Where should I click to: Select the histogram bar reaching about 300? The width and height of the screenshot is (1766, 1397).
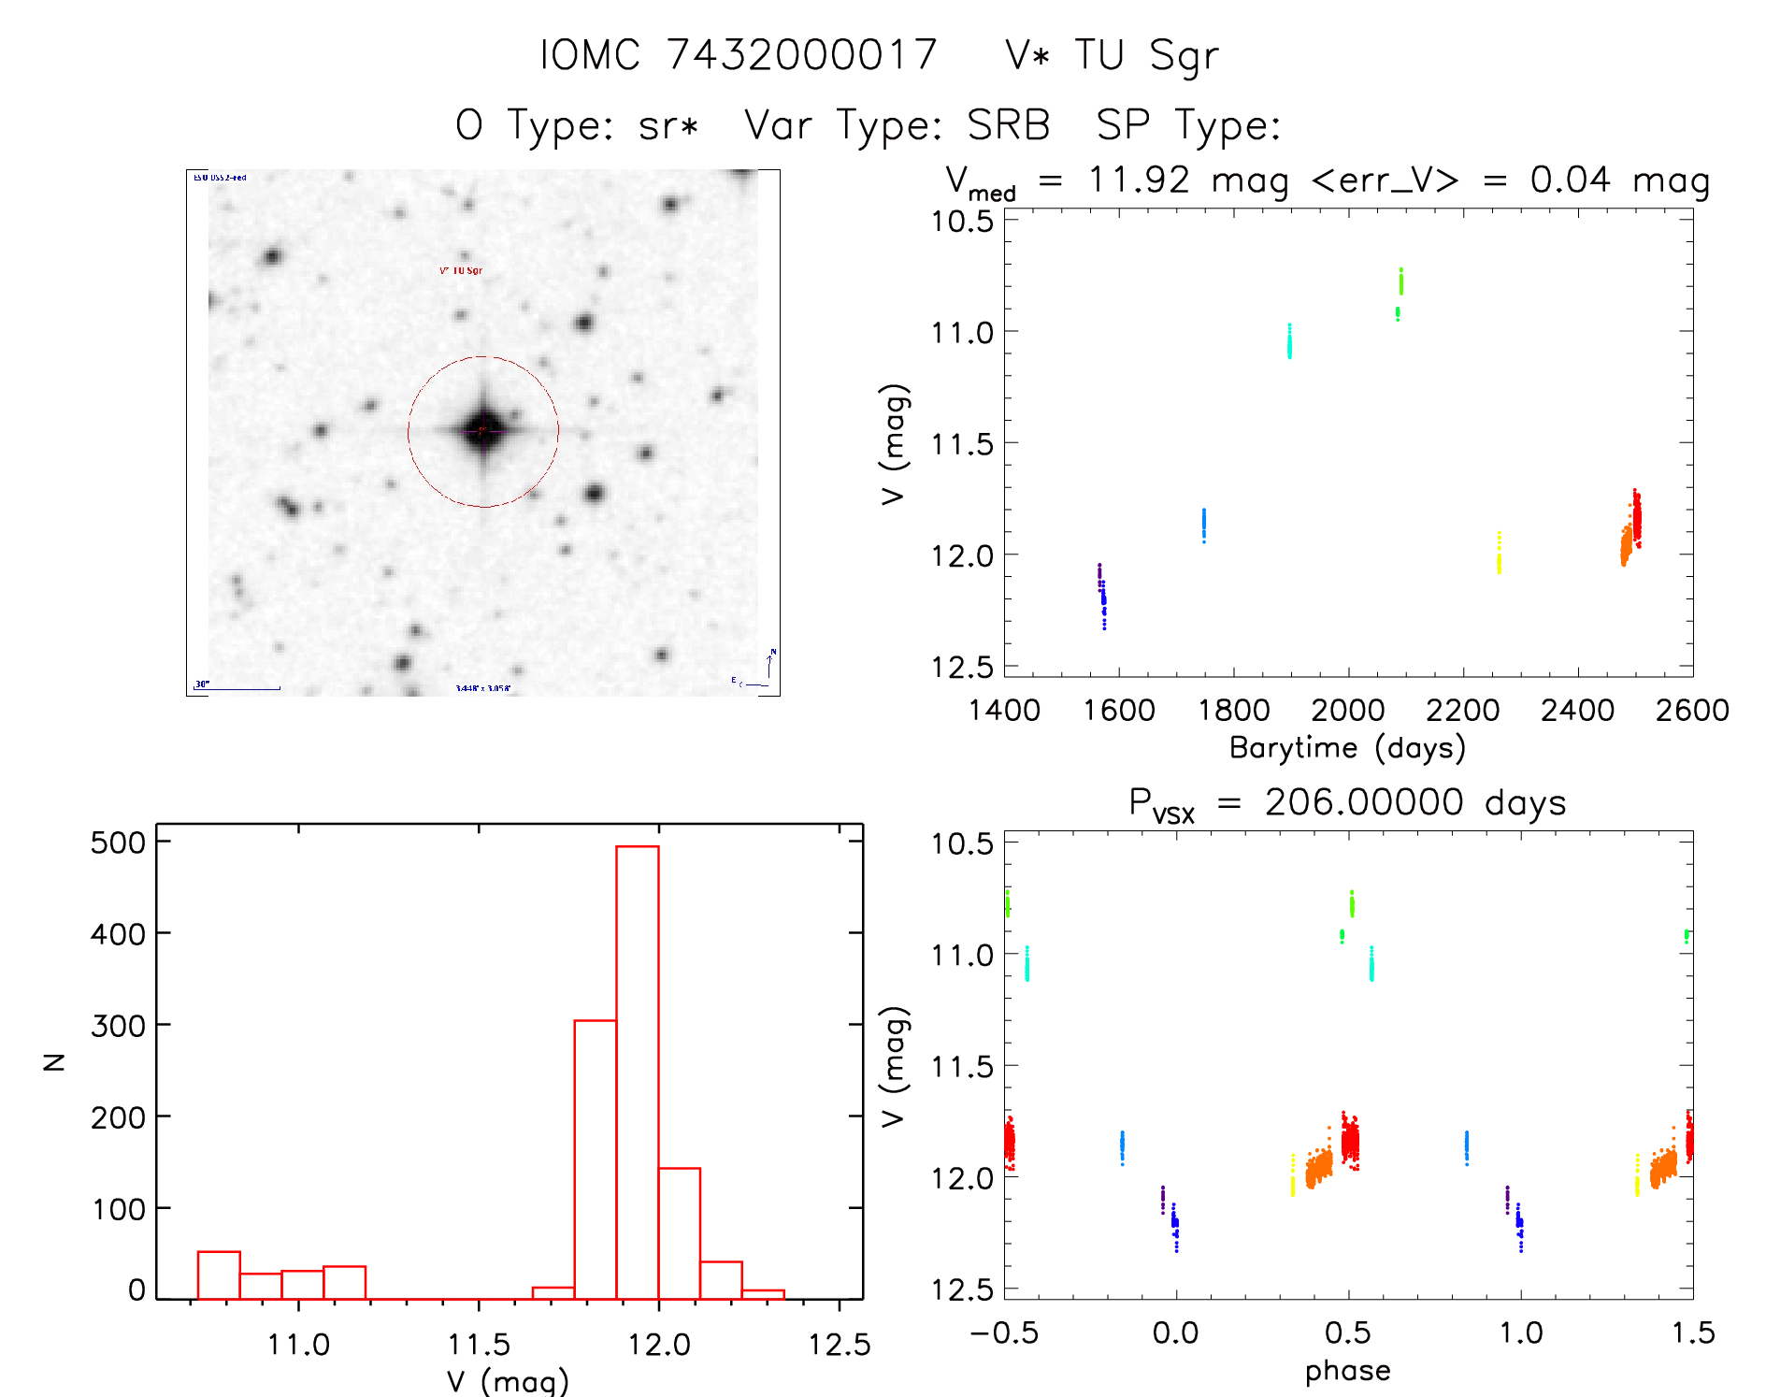pyautogui.click(x=595, y=1159)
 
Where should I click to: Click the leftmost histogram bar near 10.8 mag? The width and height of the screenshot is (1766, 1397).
pyautogui.click(x=219, y=1275)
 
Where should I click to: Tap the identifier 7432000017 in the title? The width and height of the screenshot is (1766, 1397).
pyautogui.click(x=801, y=55)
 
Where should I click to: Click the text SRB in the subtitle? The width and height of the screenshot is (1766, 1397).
pyautogui.click(x=1008, y=125)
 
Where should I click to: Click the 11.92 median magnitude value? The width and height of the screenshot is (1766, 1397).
pyautogui.click(x=1139, y=180)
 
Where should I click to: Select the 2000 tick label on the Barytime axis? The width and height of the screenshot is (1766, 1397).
pyautogui.click(x=1348, y=711)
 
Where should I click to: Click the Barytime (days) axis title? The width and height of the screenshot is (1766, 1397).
pyautogui.click(x=1347, y=748)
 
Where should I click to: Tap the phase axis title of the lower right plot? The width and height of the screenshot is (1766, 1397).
pyautogui.click(x=1347, y=1371)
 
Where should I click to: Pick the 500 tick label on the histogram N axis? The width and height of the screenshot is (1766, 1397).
pyautogui.click(x=118, y=843)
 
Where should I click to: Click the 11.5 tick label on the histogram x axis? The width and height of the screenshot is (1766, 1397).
pyautogui.click(x=479, y=1345)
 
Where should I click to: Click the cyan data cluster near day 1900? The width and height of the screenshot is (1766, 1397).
pyautogui.click(x=1289, y=341)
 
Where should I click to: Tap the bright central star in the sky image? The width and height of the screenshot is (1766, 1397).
pyautogui.click(x=483, y=431)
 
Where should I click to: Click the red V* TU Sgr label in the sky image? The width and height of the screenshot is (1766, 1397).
pyautogui.click(x=461, y=270)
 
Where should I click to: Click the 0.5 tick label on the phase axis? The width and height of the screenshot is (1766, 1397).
pyautogui.click(x=1348, y=1333)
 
